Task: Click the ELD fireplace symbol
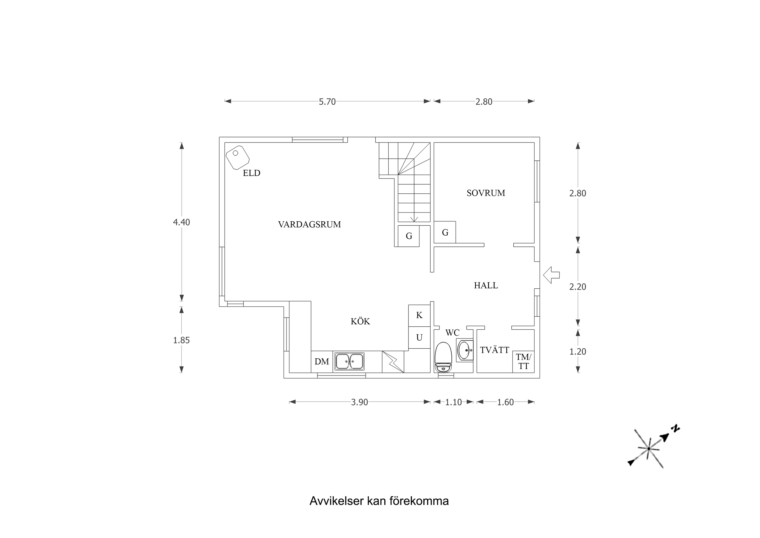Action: point(237,157)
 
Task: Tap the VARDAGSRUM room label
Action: point(309,225)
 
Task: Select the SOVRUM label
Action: point(486,193)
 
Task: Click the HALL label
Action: point(486,285)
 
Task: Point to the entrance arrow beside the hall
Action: point(551,275)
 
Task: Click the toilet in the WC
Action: point(443,357)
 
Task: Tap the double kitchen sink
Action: point(349,361)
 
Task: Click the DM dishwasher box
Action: point(322,362)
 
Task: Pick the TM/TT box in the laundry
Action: point(523,362)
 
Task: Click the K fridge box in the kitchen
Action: point(419,315)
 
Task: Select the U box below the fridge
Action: point(419,338)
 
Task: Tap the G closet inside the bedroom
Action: point(445,232)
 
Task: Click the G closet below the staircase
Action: point(408,236)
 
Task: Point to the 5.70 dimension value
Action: point(327,102)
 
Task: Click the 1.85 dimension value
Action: point(181,340)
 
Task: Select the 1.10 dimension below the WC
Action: point(453,403)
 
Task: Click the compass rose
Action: point(648,448)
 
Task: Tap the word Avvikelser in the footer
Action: point(336,501)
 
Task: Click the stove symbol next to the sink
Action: point(393,362)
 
